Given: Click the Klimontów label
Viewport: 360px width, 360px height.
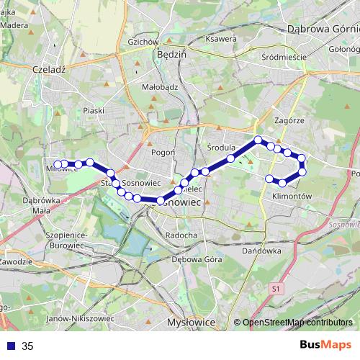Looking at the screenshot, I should point(292,195).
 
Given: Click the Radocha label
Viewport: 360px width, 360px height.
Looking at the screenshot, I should point(181,235).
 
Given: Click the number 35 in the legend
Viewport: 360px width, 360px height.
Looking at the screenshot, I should point(27,346).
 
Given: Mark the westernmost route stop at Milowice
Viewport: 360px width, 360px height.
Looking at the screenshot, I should point(58,164).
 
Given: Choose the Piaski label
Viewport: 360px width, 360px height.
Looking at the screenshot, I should point(94,111).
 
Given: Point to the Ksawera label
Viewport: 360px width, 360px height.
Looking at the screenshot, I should point(221,38).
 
